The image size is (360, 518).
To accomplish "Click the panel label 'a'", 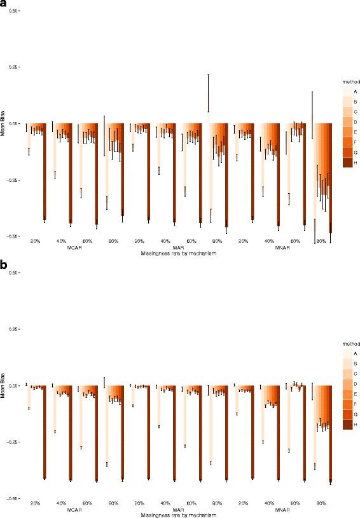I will tap(4, 4).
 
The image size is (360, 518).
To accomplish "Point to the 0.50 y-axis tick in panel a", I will tap(14, 11).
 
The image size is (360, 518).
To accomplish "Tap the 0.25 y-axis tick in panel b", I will tap(14, 329).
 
